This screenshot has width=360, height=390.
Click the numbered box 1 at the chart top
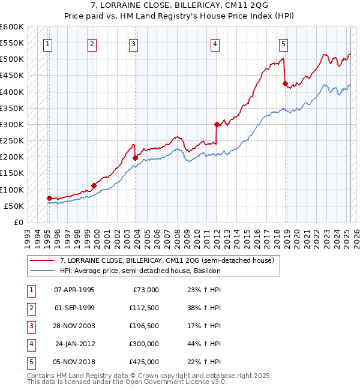point(47,43)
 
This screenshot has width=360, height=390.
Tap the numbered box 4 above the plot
point(214,43)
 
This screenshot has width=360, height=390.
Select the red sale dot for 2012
point(216,125)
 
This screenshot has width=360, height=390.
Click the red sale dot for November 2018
point(285,83)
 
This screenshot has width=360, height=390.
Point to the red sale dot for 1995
point(49,198)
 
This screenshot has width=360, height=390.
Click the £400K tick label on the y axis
point(11,92)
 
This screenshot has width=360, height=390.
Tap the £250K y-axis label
point(11,140)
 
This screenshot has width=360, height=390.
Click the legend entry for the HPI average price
point(140,271)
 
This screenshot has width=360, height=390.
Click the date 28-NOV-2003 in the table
point(74,326)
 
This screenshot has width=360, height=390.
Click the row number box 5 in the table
point(29,362)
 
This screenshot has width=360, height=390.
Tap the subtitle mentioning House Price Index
point(180,16)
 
